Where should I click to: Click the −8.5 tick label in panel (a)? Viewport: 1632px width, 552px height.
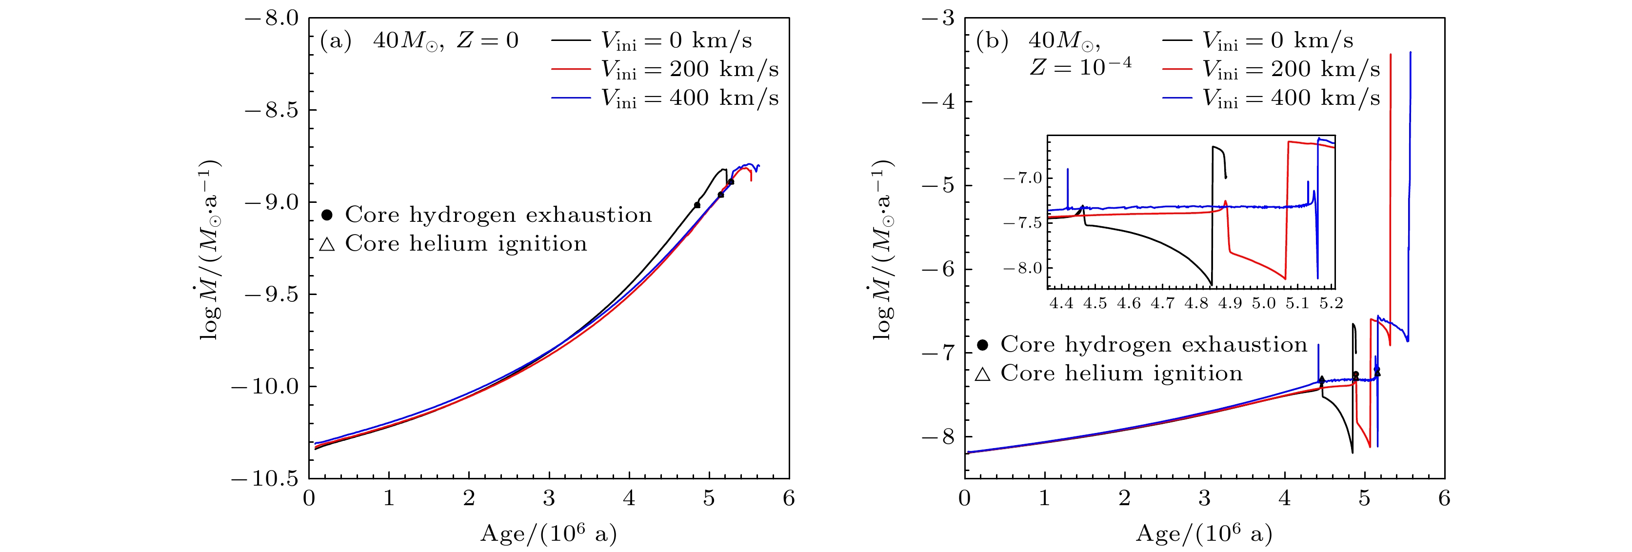coord(271,110)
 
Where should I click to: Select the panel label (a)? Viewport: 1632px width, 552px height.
coord(335,40)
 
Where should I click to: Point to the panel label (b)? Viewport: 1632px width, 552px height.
coord(992,40)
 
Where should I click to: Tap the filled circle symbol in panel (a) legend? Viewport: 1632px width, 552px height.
coord(327,215)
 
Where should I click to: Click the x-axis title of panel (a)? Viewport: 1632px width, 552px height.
coord(549,533)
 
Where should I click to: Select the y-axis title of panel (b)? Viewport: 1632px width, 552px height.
coord(881,249)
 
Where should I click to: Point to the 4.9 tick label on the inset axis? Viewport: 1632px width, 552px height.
coord(1230,304)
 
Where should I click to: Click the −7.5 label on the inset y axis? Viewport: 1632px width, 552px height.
coord(1022,223)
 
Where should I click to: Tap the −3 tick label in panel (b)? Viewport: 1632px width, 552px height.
coord(938,19)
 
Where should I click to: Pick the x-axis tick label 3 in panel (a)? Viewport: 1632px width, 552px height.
coord(549,498)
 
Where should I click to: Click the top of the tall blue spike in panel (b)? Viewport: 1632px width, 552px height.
coord(1410,53)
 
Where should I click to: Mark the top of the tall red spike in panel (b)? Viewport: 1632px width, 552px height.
coord(1391,55)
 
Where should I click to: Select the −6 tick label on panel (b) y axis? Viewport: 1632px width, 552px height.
coord(938,269)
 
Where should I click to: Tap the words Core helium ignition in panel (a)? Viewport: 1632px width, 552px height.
coord(466,244)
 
